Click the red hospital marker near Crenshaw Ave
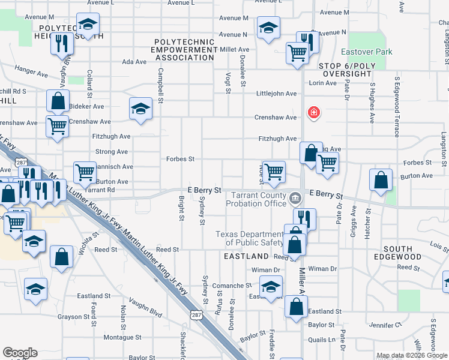313,112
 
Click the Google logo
20,353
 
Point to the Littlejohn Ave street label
277,94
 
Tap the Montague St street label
122,337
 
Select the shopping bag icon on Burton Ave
381,180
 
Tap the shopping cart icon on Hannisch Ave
85,172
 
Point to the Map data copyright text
412,355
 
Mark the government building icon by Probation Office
295,197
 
